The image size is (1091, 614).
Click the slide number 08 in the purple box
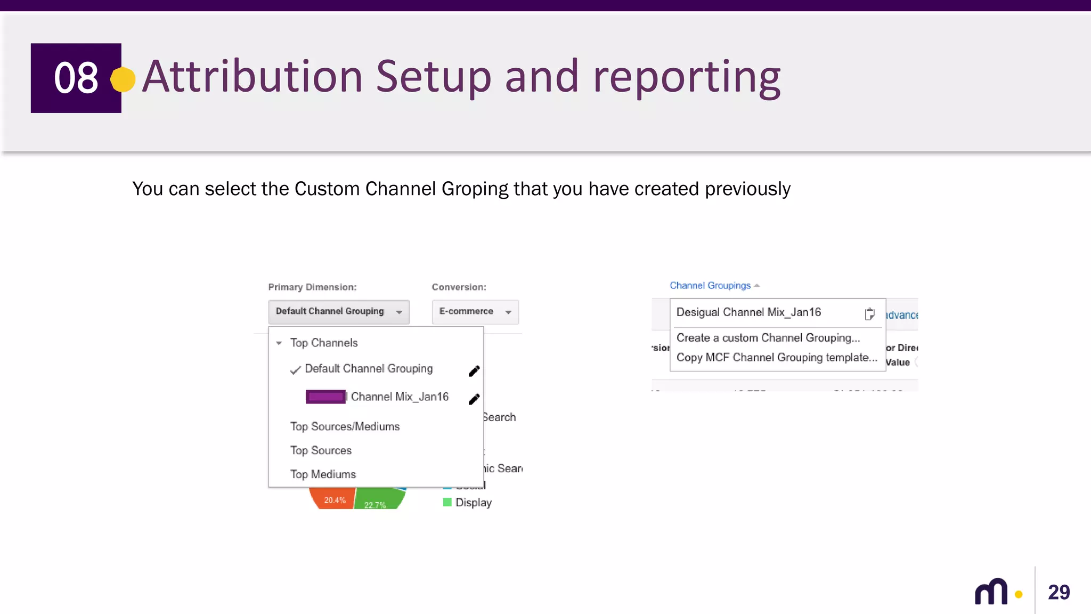tap(76, 78)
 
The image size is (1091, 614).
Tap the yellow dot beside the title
tap(123, 79)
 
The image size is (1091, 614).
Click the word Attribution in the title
tap(253, 77)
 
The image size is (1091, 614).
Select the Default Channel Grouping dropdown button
tap(339, 312)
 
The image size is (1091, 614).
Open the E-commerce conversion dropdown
tap(475, 312)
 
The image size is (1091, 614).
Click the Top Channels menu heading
tap(323, 343)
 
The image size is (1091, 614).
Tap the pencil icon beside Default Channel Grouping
tap(474, 371)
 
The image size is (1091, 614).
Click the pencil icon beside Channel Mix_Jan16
tap(474, 399)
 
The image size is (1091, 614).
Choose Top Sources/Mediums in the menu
tap(345, 426)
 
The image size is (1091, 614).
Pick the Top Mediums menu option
tap(323, 474)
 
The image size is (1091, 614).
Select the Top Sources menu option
tap(321, 450)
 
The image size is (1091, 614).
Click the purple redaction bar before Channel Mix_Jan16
tap(325, 397)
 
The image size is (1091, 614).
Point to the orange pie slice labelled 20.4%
tap(333, 499)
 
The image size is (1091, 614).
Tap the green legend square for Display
tap(447, 502)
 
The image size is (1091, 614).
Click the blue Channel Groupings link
tap(710, 286)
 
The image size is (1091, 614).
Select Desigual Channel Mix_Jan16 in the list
tap(748, 312)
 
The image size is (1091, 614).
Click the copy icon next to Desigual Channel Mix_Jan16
tap(869, 314)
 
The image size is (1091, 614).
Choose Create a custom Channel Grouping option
tap(768, 338)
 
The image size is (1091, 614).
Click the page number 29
tap(1059, 592)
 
